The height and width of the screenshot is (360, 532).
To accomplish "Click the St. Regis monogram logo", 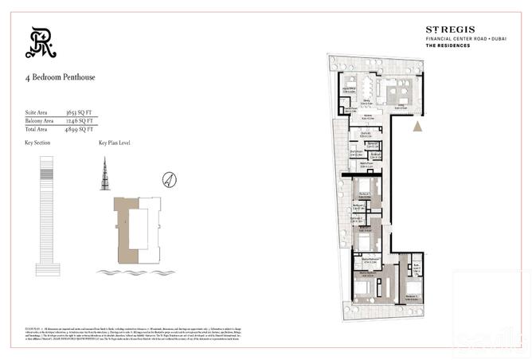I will [41, 43].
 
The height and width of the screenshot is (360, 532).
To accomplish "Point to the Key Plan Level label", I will [114, 143].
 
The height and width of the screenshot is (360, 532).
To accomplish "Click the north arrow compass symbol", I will [168, 178].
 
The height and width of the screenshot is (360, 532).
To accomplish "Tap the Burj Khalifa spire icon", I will [103, 174].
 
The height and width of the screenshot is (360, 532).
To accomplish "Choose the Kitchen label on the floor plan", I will [367, 115].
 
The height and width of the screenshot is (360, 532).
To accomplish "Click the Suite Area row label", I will [35, 113].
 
